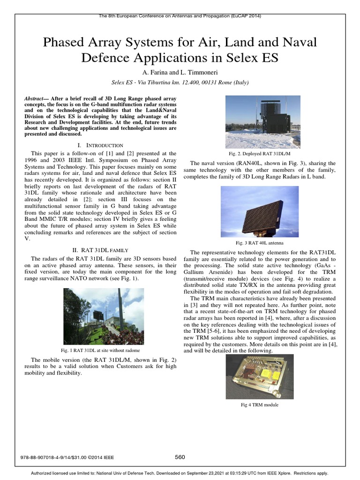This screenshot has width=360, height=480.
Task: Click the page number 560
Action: click(x=180, y=457)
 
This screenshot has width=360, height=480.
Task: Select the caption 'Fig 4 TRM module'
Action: click(x=259, y=405)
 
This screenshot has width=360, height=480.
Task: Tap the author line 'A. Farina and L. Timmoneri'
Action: click(x=180, y=73)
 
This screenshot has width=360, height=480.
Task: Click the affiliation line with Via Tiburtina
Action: click(x=180, y=82)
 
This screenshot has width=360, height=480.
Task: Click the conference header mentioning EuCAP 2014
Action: click(x=180, y=15)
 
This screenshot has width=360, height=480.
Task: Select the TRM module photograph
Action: click(x=259, y=377)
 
